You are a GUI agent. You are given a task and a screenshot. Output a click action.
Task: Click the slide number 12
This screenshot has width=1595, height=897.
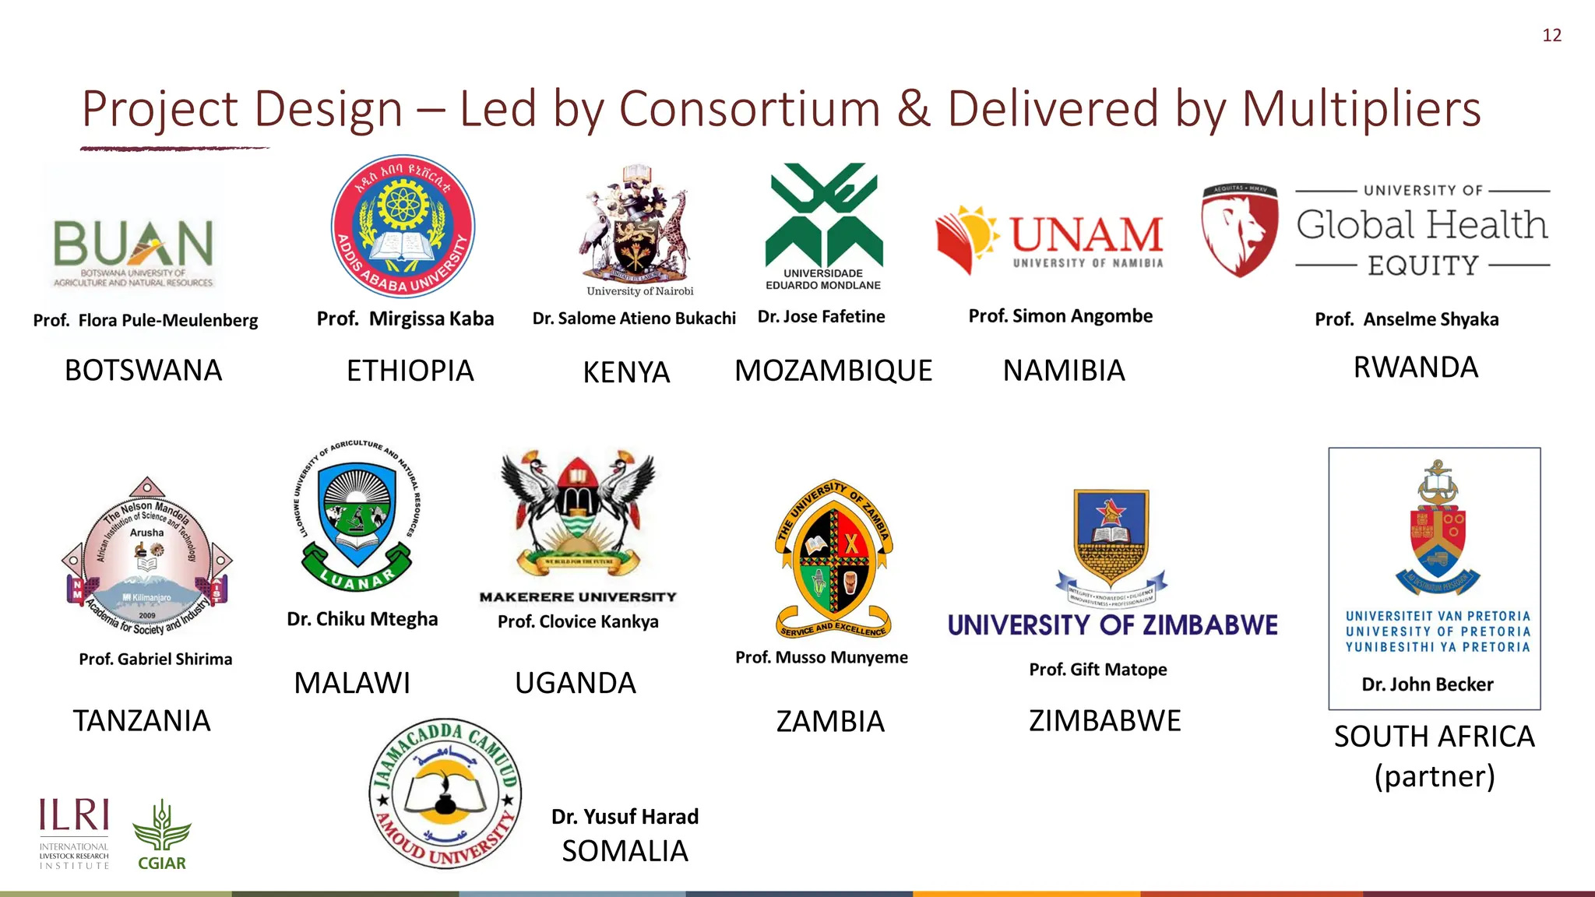[1551, 35]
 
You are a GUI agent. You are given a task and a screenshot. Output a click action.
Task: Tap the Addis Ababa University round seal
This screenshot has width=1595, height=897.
[403, 227]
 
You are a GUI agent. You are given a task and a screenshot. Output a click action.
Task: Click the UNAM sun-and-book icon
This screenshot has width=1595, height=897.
[967, 237]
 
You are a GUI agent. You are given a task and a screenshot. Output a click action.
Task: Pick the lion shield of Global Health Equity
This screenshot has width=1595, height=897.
[1239, 230]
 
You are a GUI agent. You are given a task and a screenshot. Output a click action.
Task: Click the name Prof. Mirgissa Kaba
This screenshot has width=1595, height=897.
[405, 318]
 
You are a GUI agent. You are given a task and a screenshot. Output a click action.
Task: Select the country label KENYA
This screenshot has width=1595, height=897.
[626, 372]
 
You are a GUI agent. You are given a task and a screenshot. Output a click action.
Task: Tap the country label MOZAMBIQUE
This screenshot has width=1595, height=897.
[833, 371]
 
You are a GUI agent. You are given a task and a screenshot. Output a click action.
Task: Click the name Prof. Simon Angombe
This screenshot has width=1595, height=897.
[1060, 316]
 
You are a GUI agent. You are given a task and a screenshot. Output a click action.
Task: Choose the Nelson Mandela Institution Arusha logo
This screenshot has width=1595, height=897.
[147, 558]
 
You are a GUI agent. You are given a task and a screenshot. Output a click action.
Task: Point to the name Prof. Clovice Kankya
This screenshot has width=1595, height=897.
[578, 621]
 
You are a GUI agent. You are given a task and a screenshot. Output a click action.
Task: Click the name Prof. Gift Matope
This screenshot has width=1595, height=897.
[1097, 670]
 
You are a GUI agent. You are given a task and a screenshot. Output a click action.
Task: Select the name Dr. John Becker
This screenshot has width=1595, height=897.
[1427, 684]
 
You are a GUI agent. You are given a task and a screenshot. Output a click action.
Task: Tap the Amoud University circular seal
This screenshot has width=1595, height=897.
[445, 793]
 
